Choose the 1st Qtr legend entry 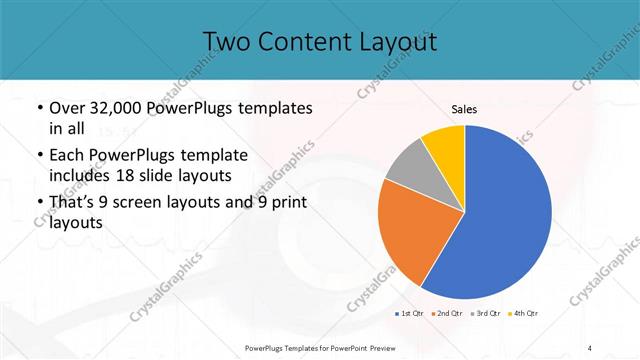[x=409, y=314]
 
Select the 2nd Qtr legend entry [x=446, y=314]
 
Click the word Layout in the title [x=399, y=41]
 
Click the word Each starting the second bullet [x=68, y=155]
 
